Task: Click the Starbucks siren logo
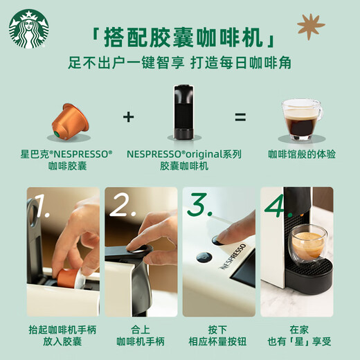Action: coord(28,28)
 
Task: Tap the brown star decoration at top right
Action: coord(311,26)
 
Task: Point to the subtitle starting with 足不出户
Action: coord(179,63)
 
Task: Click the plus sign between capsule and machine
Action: coord(128,116)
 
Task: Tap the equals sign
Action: coord(240,116)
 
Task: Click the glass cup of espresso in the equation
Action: coord(300,119)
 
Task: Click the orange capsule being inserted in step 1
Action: coord(68,278)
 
